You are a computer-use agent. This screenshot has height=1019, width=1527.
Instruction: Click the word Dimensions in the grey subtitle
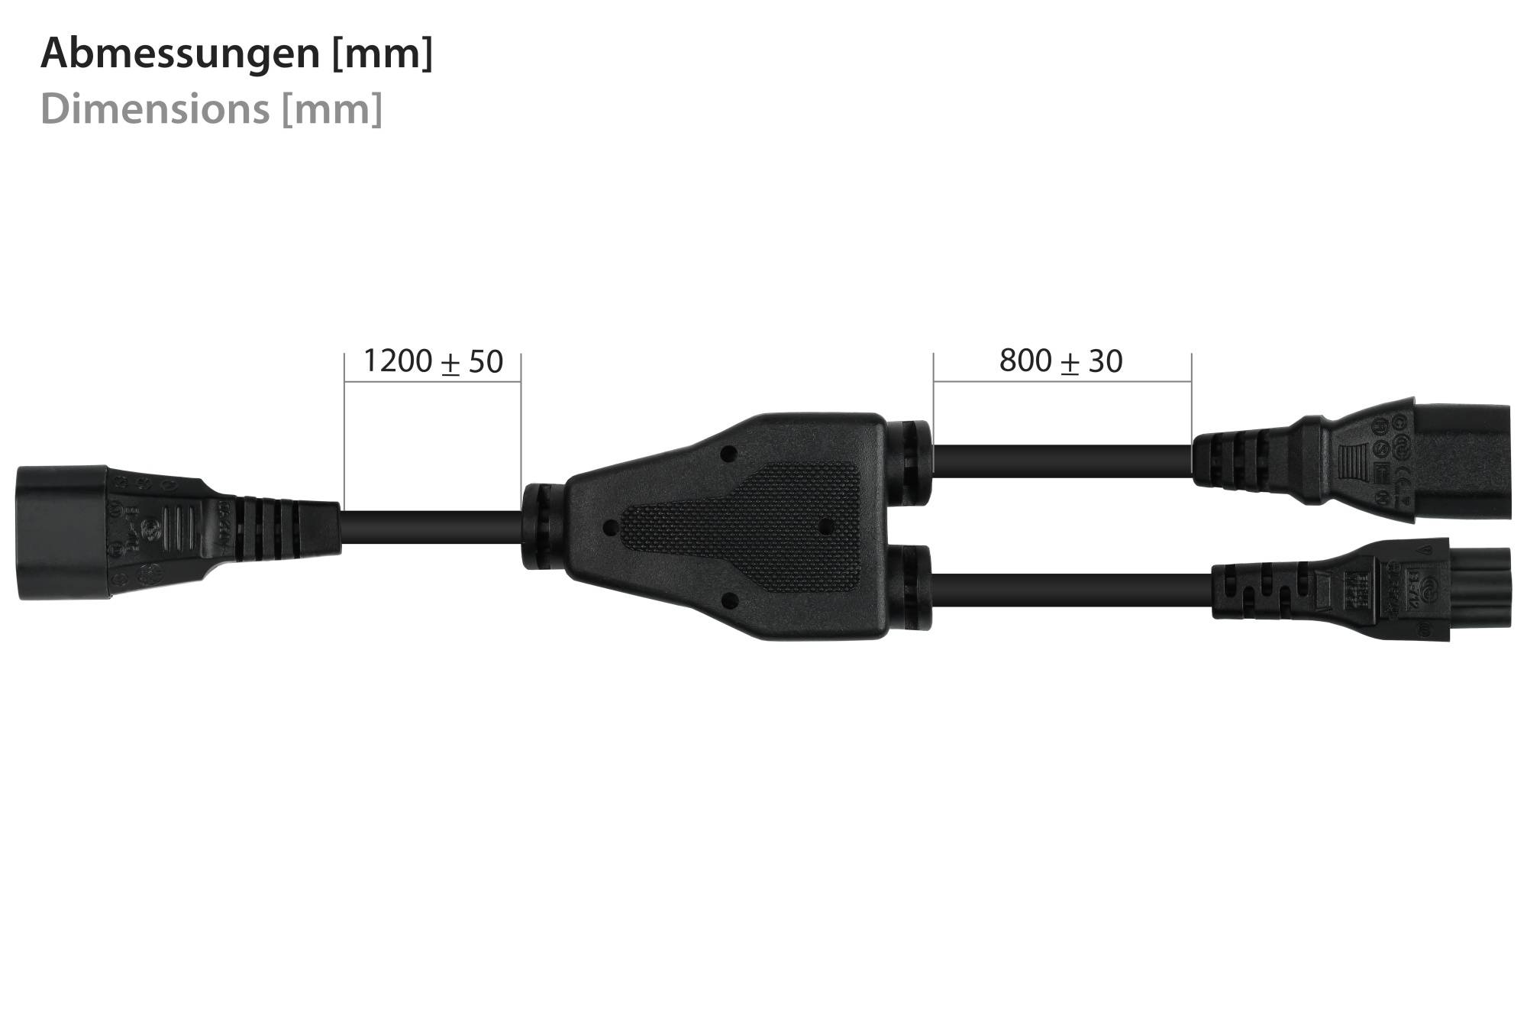(154, 108)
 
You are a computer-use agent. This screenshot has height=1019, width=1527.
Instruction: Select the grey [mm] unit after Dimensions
(331, 108)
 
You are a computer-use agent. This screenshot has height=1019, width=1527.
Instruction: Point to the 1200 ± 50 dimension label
(433, 361)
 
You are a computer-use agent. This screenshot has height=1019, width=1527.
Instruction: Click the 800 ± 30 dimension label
(1061, 361)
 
